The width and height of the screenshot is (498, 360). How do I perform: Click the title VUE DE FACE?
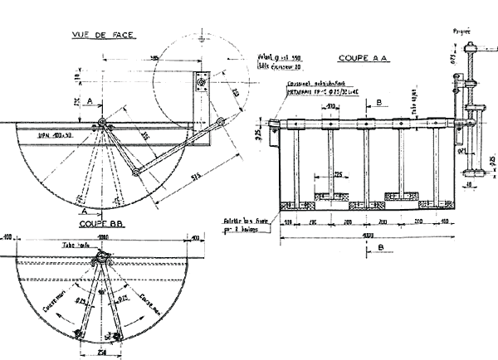tap(106, 35)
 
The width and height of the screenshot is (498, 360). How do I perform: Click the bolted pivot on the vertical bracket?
tap(203, 80)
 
